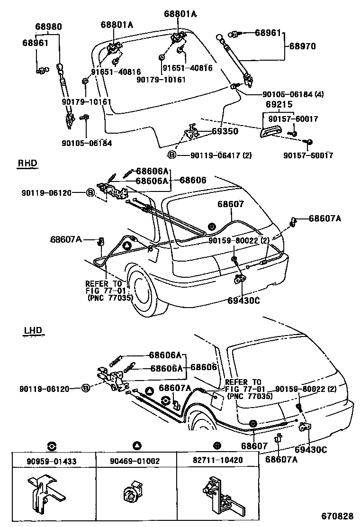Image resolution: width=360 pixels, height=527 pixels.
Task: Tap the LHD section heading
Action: tap(33, 330)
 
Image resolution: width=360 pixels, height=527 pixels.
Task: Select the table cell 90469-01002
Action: tap(136, 460)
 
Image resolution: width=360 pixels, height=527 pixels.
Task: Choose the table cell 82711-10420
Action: tap(217, 460)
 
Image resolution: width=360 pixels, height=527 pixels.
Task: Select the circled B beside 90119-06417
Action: tap(172, 155)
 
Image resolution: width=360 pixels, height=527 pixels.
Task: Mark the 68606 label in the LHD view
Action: tap(204, 367)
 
